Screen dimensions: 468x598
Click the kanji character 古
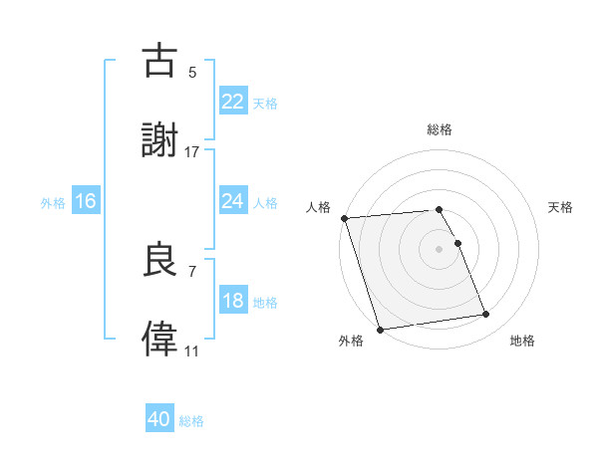(160, 61)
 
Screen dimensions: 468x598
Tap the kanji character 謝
(160, 141)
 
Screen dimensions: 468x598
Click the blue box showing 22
(232, 101)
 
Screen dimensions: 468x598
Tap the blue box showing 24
(232, 200)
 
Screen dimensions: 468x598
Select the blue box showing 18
(232, 301)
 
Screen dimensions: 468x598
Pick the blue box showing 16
(85, 201)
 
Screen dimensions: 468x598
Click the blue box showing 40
(159, 419)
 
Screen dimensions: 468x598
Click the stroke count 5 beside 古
(192, 72)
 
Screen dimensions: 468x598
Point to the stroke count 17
(192, 152)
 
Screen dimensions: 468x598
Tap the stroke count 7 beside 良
(192, 271)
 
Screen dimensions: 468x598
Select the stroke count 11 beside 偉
(192, 351)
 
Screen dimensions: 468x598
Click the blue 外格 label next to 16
(53, 202)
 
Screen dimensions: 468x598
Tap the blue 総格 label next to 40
(191, 421)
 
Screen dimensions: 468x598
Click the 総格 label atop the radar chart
(440, 129)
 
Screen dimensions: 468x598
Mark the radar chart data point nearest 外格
(380, 329)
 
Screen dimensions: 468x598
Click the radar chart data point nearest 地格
(485, 315)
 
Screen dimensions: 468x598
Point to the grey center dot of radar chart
(440, 249)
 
